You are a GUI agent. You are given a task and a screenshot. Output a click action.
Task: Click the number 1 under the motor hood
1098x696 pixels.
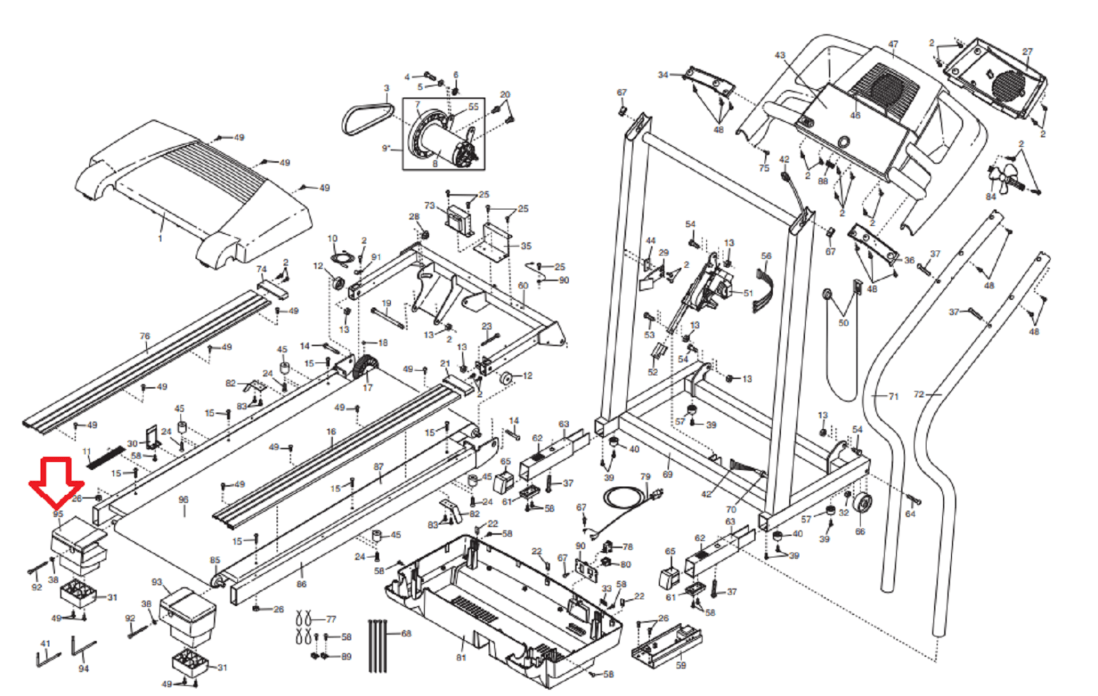tap(160, 238)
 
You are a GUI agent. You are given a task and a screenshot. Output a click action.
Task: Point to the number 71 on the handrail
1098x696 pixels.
tap(893, 397)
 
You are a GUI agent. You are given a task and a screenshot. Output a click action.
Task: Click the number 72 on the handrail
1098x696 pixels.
tap(919, 395)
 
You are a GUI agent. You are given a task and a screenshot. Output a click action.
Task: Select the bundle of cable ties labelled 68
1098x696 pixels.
tap(378, 645)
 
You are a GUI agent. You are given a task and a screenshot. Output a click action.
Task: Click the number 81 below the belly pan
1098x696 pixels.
tap(461, 658)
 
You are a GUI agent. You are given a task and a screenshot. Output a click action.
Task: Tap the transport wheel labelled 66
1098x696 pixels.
tap(861, 506)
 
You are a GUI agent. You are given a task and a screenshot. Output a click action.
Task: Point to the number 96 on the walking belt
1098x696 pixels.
tap(183, 500)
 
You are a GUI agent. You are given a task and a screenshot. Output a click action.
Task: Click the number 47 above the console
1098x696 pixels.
tap(893, 45)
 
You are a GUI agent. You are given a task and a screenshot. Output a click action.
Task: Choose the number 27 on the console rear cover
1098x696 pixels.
tap(1027, 51)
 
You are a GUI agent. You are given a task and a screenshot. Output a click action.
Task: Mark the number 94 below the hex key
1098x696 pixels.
tap(84, 669)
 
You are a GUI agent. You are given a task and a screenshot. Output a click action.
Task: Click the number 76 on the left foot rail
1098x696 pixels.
tap(144, 336)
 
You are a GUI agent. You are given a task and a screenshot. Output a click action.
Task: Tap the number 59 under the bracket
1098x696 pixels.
tap(681, 665)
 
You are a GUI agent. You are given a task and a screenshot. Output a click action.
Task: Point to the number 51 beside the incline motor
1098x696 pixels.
tap(748, 293)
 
